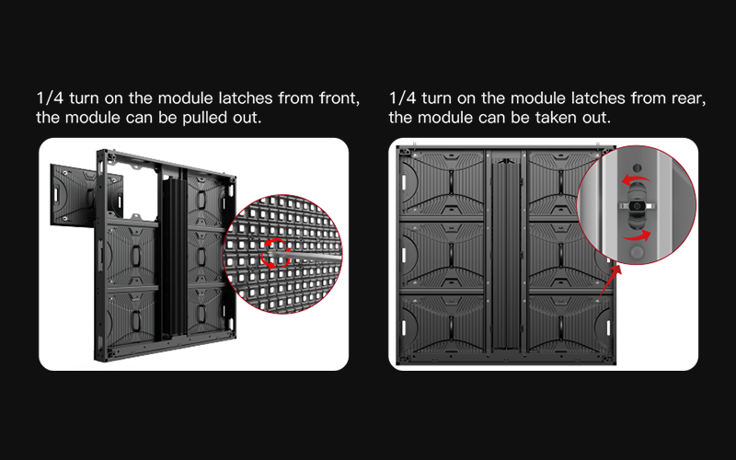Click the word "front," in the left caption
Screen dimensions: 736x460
tap(339, 98)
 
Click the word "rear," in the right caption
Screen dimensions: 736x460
tap(688, 98)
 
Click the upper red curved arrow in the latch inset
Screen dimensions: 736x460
tap(636, 179)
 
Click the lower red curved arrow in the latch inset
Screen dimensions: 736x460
tap(638, 236)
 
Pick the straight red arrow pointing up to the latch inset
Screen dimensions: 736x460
tap(609, 281)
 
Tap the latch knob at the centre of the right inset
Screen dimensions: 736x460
tap(637, 206)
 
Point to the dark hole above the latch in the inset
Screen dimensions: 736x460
tap(637, 167)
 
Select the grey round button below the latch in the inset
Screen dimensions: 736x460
tap(637, 252)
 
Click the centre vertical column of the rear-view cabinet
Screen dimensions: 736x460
tap(506, 254)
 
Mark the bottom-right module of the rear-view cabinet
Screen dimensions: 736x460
tap(570, 324)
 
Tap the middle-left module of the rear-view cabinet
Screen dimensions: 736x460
tap(442, 254)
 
